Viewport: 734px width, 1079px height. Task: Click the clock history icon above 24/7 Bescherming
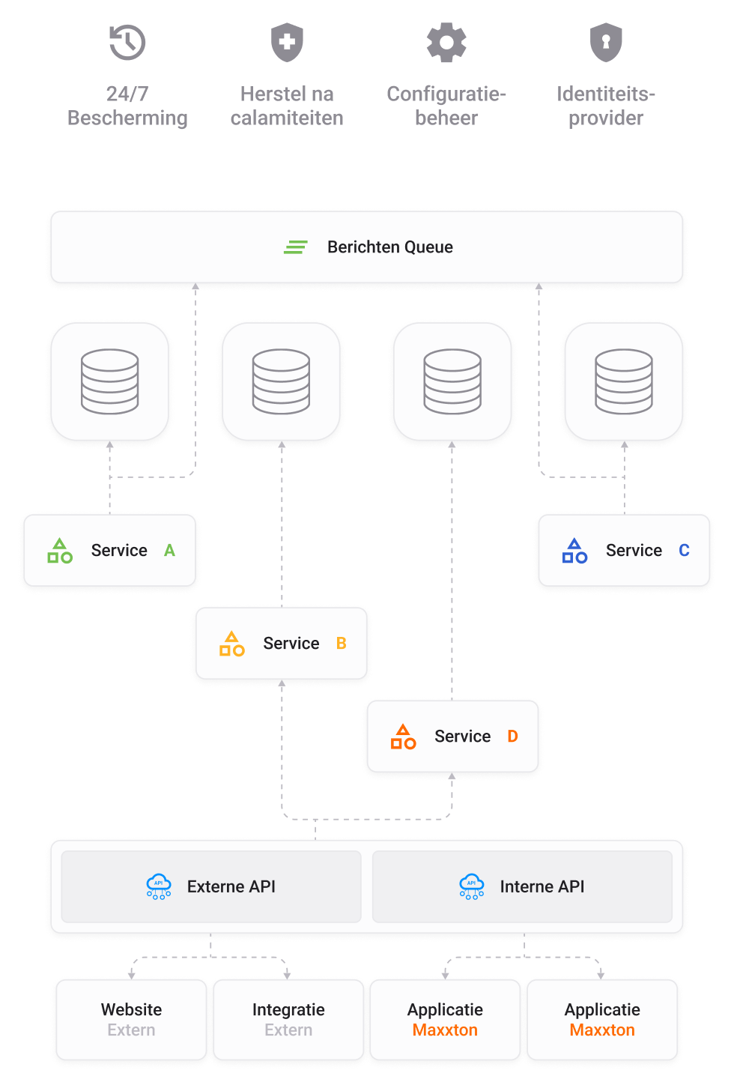(127, 43)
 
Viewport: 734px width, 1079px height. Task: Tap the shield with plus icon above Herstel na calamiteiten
(287, 43)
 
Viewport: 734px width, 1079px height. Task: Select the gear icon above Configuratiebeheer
(446, 43)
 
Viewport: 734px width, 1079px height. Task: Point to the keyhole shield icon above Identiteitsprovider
(606, 43)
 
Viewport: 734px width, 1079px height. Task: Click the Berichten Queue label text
(389, 247)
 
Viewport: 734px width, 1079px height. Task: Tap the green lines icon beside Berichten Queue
(296, 247)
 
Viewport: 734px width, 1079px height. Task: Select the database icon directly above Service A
(110, 381)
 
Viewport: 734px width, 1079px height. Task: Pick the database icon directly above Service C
(624, 381)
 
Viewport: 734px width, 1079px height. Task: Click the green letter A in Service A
(170, 551)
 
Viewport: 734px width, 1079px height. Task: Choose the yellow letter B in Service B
(342, 644)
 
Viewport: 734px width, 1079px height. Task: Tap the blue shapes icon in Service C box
(574, 551)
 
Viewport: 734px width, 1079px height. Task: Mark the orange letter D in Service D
(513, 737)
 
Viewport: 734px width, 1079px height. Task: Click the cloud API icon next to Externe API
(159, 886)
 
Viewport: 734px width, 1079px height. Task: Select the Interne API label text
(542, 886)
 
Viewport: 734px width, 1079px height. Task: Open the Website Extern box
(131, 1019)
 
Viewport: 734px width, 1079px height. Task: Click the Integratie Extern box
(288, 1019)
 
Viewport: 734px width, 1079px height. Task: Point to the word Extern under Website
(131, 1030)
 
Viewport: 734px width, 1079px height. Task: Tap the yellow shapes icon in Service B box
(231, 644)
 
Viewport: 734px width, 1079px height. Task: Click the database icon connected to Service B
(282, 381)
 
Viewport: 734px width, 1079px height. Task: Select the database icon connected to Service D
(452, 381)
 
